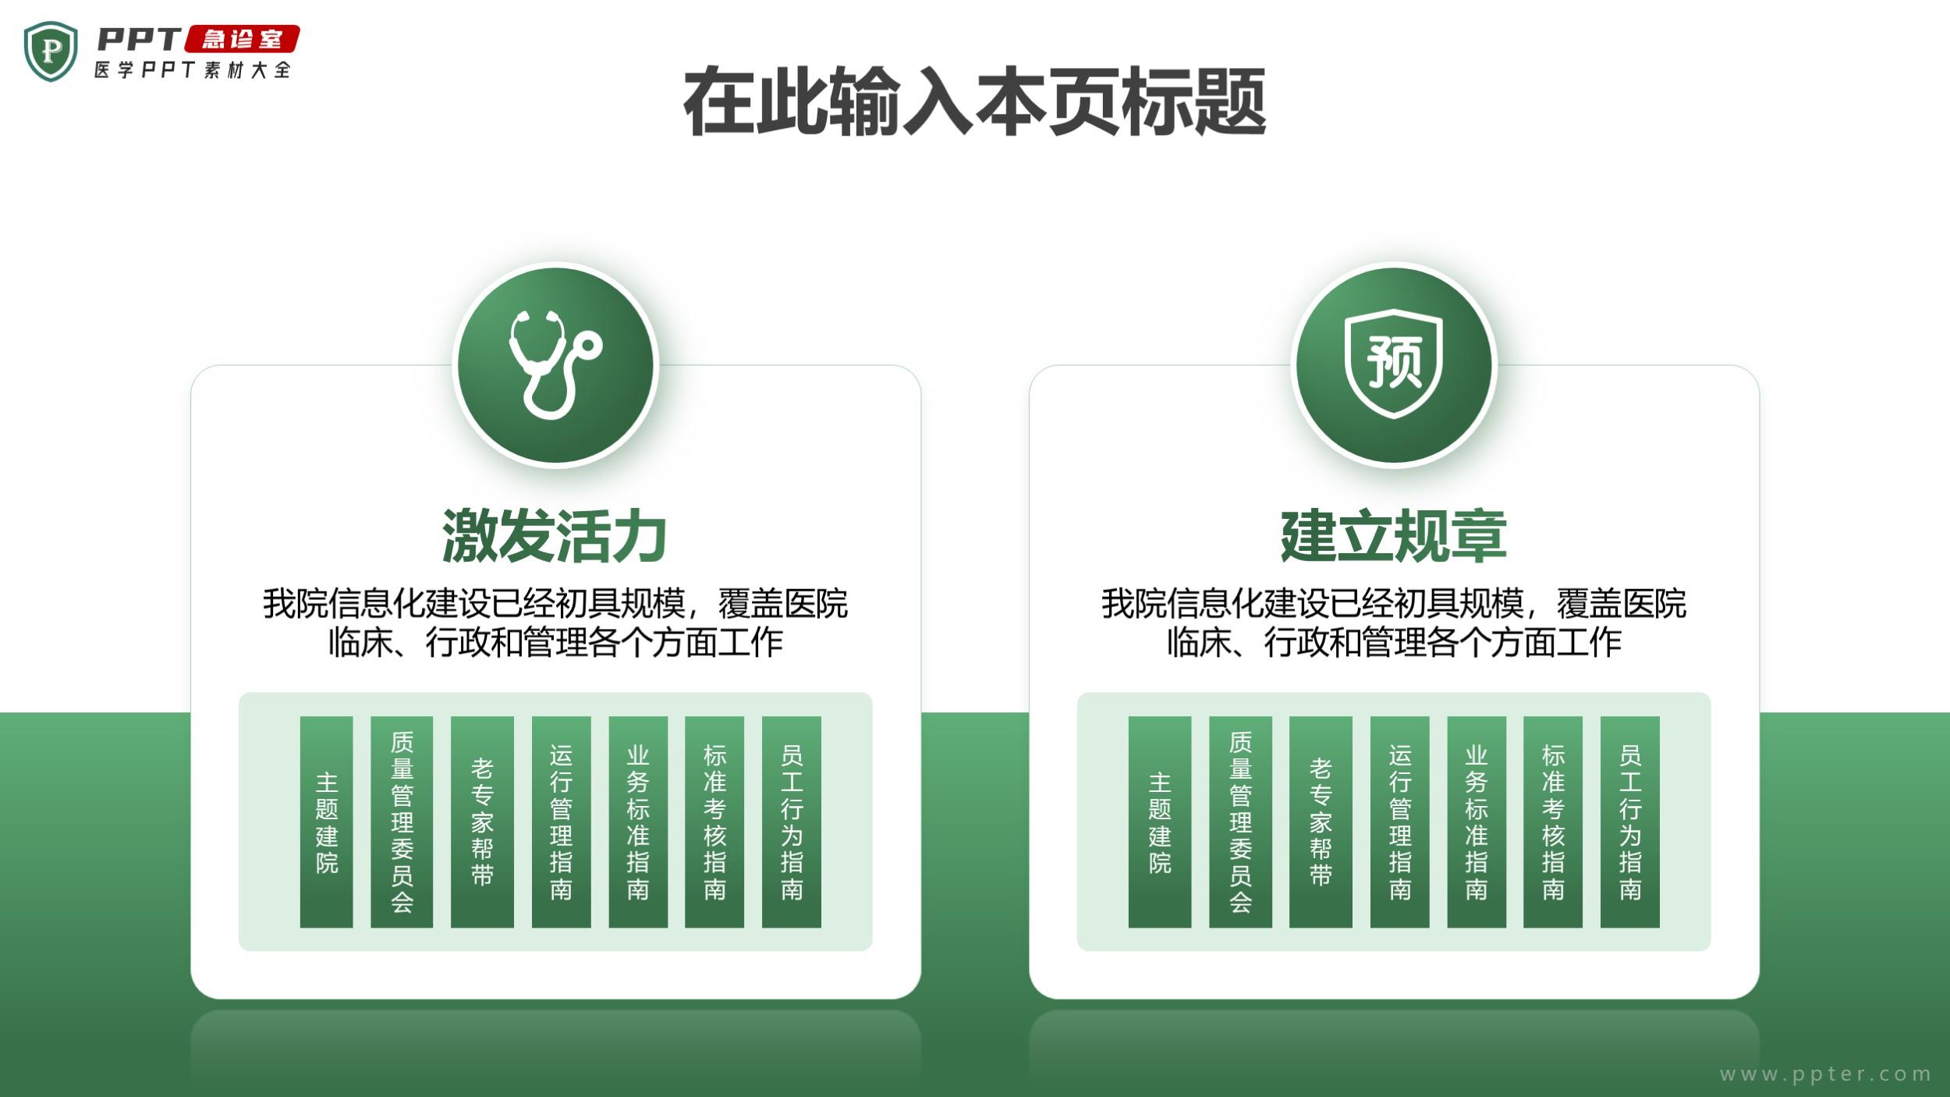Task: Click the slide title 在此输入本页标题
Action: pyautogui.click(x=974, y=102)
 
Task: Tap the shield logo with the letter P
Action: pyautogui.click(x=51, y=51)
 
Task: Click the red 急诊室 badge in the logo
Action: pyautogui.click(x=242, y=39)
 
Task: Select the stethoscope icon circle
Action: pyautogui.click(x=555, y=364)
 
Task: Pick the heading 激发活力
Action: pyautogui.click(x=555, y=536)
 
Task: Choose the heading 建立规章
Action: pyautogui.click(x=1393, y=536)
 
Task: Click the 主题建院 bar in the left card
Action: pyautogui.click(x=326, y=822)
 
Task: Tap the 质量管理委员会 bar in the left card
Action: pyautogui.click(x=402, y=822)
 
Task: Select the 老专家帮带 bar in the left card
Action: pyautogui.click(x=482, y=822)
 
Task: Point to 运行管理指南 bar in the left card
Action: pyautogui.click(x=561, y=822)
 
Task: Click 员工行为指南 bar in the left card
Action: pyautogui.click(x=792, y=822)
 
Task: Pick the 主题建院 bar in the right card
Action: pyautogui.click(x=1160, y=822)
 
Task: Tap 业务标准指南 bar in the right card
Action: pyautogui.click(x=1477, y=822)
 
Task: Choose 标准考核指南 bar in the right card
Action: pyautogui.click(x=1553, y=822)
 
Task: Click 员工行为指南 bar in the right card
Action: pyautogui.click(x=1630, y=822)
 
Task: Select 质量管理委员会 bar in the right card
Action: pyautogui.click(x=1240, y=822)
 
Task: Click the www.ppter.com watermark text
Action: pyautogui.click(x=1825, y=1074)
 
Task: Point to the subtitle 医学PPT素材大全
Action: pyautogui.click(x=193, y=69)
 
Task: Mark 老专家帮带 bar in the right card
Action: pyautogui.click(x=1321, y=822)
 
